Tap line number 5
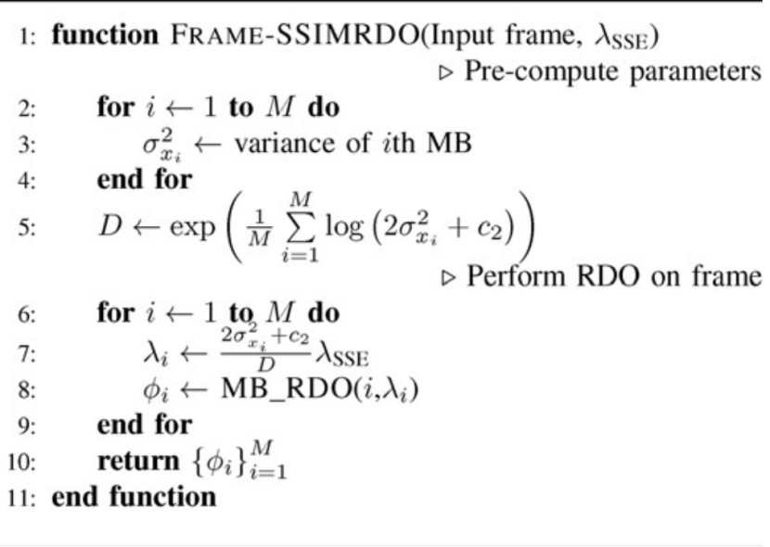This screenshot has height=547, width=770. [x=26, y=228]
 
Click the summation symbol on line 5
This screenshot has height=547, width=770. [x=299, y=228]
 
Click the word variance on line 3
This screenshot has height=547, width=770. [x=283, y=144]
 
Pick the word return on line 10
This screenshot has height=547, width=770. [x=139, y=460]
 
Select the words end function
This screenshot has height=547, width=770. [x=134, y=497]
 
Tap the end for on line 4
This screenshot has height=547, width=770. [x=144, y=179]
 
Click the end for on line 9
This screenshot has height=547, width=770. [x=144, y=425]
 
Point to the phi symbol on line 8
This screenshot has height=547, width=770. [x=152, y=390]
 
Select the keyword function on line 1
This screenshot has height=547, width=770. [x=105, y=36]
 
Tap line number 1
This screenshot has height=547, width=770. [x=26, y=36]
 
